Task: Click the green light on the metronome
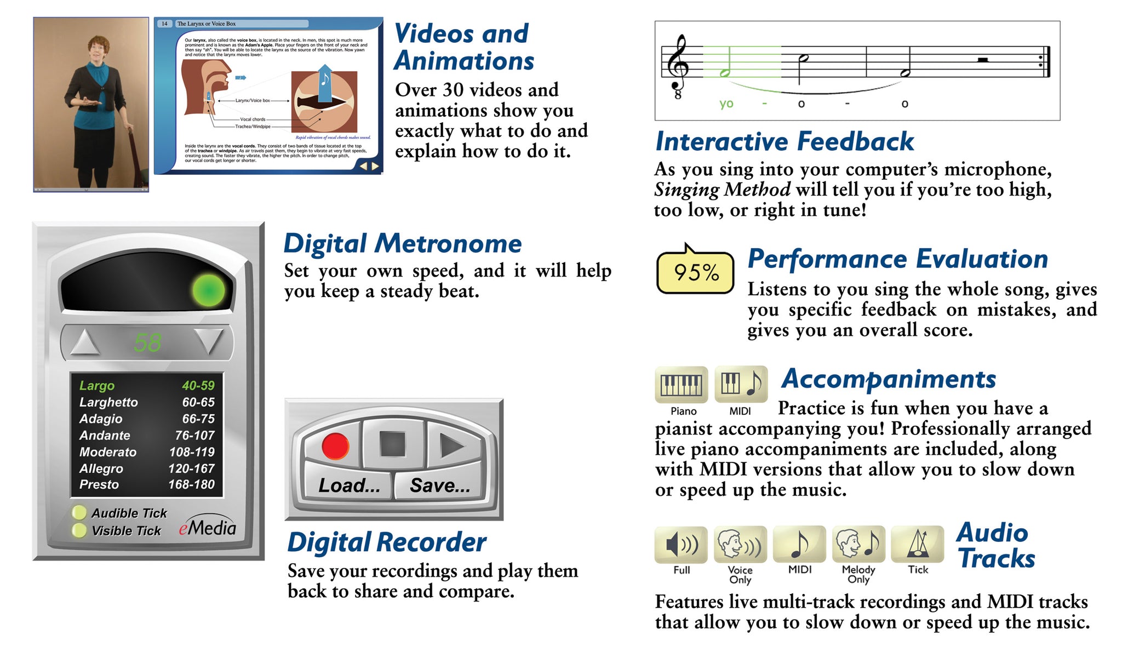pyautogui.click(x=208, y=290)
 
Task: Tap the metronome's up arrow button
pyautogui.click(x=85, y=342)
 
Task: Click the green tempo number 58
pyautogui.click(x=147, y=343)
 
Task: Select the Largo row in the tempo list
pyautogui.click(x=147, y=386)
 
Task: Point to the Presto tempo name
pyautogui.click(x=99, y=484)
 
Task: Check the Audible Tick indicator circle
pyautogui.click(x=79, y=513)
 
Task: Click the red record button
pyautogui.click(x=335, y=445)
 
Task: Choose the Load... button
pyautogui.click(x=350, y=485)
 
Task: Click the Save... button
pyautogui.click(x=440, y=485)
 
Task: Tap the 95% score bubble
pyautogui.click(x=695, y=272)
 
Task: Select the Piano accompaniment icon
pyautogui.click(x=681, y=384)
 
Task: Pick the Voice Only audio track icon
pyautogui.click(x=740, y=545)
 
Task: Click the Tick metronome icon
pyautogui.click(x=918, y=545)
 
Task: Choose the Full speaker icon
pyautogui.click(x=681, y=545)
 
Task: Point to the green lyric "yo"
pyautogui.click(x=726, y=103)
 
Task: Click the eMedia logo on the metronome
pyautogui.click(x=208, y=528)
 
